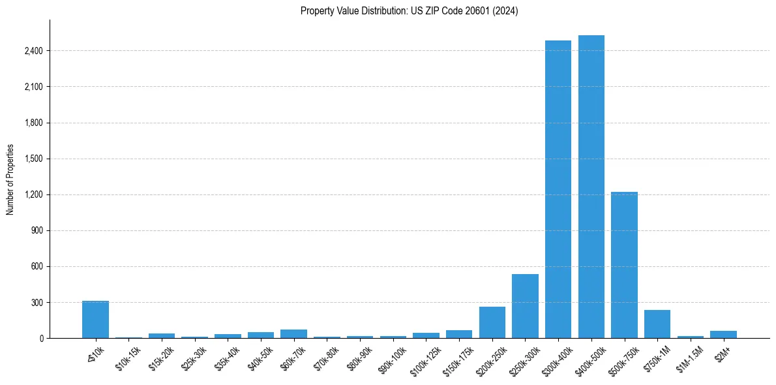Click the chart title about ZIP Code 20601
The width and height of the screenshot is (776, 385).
(409, 11)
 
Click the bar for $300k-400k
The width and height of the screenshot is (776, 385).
(558, 189)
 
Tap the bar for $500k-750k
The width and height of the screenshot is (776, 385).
(624, 265)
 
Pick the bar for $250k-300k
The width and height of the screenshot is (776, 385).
(525, 306)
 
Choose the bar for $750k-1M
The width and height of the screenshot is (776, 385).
(657, 324)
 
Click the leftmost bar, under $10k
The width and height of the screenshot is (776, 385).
(95, 320)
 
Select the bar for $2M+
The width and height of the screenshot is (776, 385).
(723, 335)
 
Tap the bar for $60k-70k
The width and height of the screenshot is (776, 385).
(293, 334)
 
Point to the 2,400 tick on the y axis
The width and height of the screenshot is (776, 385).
(33, 51)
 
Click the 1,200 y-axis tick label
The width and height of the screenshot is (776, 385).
(33, 195)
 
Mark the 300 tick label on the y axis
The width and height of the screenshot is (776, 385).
(37, 303)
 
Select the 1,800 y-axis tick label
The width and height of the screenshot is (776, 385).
(33, 123)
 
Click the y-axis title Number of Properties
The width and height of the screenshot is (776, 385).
(10, 179)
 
